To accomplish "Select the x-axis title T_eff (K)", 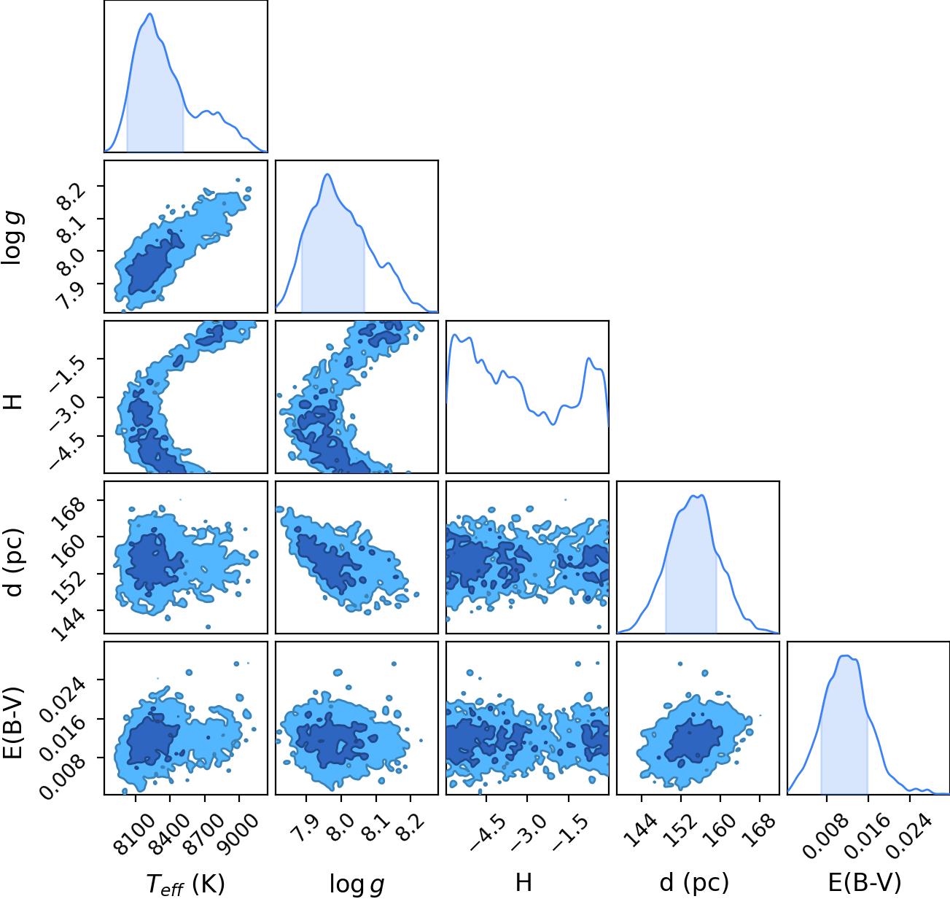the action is click(186, 883).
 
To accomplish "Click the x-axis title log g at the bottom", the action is click(357, 884).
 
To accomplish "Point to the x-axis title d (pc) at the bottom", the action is click(694, 883).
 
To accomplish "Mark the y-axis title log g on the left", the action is click(13, 239).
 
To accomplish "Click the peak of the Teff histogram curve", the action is click(149, 14).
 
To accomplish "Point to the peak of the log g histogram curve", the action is click(327, 174).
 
